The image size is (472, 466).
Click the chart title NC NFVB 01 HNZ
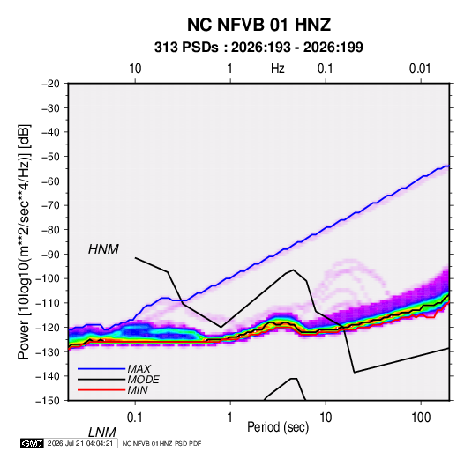[x=258, y=25]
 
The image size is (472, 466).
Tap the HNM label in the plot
[x=103, y=249]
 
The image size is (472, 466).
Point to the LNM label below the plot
[x=102, y=433]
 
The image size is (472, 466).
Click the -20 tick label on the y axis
[x=50, y=84]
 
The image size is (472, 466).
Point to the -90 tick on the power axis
[x=50, y=254]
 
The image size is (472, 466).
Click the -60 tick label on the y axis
[x=50, y=181]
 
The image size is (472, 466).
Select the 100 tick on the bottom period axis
[x=421, y=418]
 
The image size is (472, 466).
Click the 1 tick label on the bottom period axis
[x=230, y=418]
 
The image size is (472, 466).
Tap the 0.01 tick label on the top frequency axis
[x=420, y=69]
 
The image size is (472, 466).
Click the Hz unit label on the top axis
[x=278, y=69]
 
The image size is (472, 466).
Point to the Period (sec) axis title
[x=278, y=427]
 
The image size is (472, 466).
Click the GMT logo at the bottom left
[x=32, y=443]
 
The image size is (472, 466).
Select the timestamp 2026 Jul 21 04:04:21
[x=80, y=443]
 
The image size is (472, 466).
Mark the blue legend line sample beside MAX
[x=101, y=369]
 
